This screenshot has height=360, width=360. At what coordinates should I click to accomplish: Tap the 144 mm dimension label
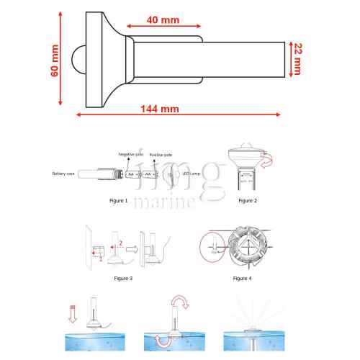pyautogui.click(x=160, y=109)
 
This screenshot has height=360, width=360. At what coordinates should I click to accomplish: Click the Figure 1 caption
pyautogui.click(x=117, y=201)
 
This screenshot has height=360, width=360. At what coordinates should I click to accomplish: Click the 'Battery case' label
pyautogui.click(x=63, y=174)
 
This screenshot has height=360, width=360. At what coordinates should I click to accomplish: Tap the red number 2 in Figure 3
pyautogui.click(x=122, y=244)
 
